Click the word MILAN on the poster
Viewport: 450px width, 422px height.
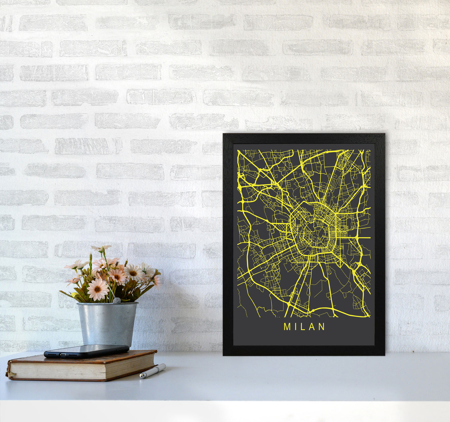tap(304, 327)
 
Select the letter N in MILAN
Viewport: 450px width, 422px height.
tap(322, 327)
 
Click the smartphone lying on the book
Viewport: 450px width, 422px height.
tap(86, 351)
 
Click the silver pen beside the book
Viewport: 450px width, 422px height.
tap(152, 371)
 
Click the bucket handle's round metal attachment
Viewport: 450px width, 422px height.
tap(116, 301)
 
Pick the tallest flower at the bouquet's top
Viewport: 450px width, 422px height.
tap(101, 248)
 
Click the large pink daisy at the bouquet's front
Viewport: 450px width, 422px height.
tap(97, 289)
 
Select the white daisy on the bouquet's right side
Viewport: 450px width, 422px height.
tap(134, 272)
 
